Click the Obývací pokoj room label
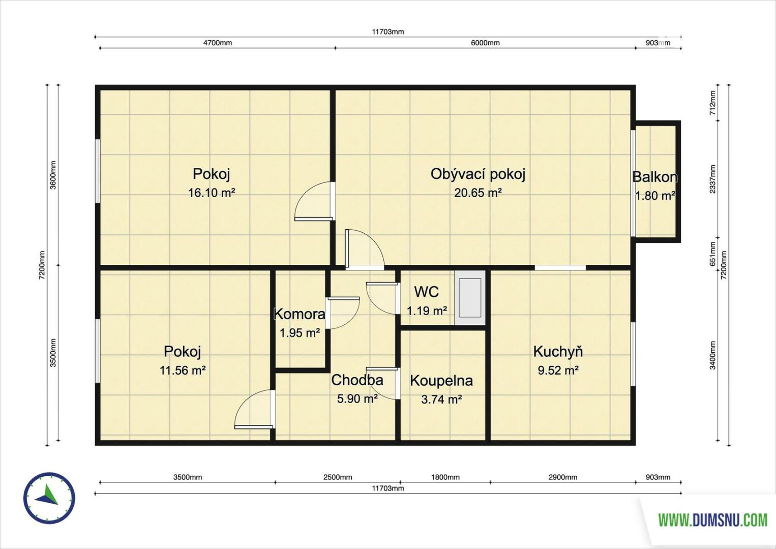pos(477,174)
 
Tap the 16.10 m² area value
pos(212,193)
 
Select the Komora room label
pos(300,314)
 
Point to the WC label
pos(427,292)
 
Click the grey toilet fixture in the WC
pos(470,298)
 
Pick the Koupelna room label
pos(441,380)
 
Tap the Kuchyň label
pos(558,351)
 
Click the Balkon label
pos(655,177)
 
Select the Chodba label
pos(357,380)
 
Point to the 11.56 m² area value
pos(183,371)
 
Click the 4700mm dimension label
pos(217,43)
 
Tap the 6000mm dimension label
pos(485,43)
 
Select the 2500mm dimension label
pos(338,477)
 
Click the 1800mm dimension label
pos(445,477)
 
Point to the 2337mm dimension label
pos(712,179)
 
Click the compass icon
pos(49,498)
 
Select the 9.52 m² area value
pos(558,371)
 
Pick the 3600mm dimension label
pos(53,175)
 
